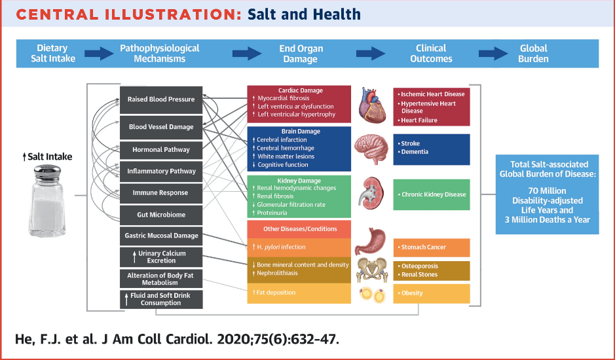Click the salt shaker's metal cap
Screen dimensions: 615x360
(x=47, y=171)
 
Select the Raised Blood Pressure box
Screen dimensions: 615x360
(x=161, y=99)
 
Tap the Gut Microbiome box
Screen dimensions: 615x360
(x=161, y=215)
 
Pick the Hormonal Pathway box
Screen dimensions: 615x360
(x=161, y=150)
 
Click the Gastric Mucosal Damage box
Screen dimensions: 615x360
(x=161, y=236)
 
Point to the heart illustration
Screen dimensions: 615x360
(x=373, y=105)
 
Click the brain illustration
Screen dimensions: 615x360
(x=371, y=149)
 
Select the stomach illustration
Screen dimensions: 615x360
(x=370, y=242)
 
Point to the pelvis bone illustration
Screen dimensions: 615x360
(x=372, y=270)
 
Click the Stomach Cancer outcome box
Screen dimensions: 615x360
(x=432, y=247)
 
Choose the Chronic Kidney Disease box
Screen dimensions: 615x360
(x=432, y=194)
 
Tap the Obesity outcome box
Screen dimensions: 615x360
(x=432, y=293)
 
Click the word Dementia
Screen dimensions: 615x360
(x=415, y=152)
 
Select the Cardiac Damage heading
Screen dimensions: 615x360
(x=301, y=90)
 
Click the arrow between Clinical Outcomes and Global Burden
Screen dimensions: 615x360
(x=493, y=53)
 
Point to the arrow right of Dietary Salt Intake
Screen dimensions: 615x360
(x=100, y=53)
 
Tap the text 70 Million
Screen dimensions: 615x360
(x=547, y=191)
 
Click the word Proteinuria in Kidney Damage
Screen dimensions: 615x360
(x=272, y=213)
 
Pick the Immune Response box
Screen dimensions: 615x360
(x=161, y=193)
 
